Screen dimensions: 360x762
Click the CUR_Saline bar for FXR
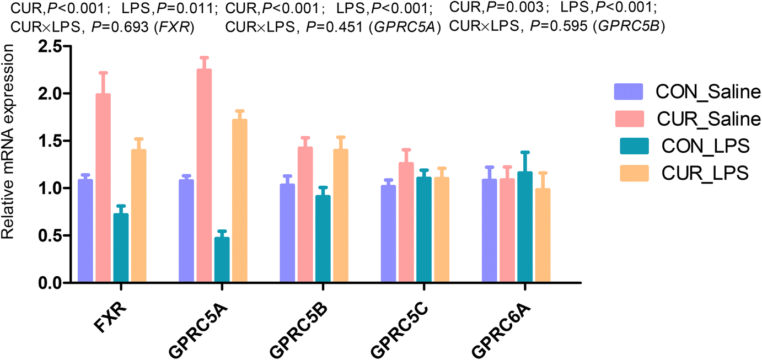103,188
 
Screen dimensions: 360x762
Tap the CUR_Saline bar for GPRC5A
204,176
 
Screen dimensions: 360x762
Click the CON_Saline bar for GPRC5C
389,234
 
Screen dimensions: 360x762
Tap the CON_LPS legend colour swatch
629,146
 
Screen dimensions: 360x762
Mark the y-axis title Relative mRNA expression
8,143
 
